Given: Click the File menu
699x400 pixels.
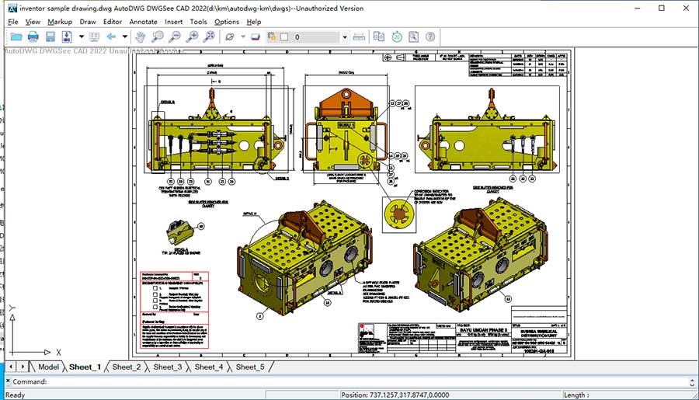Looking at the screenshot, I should (13, 22).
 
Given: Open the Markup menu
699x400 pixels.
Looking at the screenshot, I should (60, 22).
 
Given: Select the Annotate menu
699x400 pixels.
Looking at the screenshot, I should (143, 22).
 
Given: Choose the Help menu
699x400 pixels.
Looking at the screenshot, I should (254, 22).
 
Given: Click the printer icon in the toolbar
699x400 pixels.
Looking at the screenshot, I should (33, 37).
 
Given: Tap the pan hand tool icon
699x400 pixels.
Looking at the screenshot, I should (141, 37).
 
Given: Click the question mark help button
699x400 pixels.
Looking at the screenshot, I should (429, 37).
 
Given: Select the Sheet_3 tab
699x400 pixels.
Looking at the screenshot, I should (168, 367).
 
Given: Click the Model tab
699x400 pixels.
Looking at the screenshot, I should (48, 367).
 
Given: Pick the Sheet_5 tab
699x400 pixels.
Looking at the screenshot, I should (250, 367).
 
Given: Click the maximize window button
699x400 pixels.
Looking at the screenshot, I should (661, 8).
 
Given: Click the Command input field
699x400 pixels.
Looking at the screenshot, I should (349, 381).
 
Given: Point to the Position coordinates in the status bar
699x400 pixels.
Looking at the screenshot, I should (395, 395).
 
